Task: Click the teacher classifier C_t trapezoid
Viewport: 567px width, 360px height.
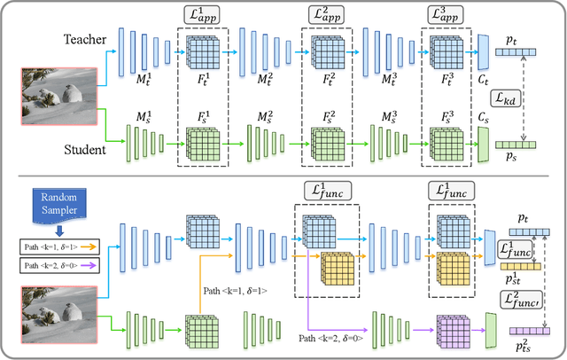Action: coord(484,52)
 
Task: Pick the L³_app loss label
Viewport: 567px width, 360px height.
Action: coord(445,16)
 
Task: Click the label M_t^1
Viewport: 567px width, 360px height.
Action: coord(141,80)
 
